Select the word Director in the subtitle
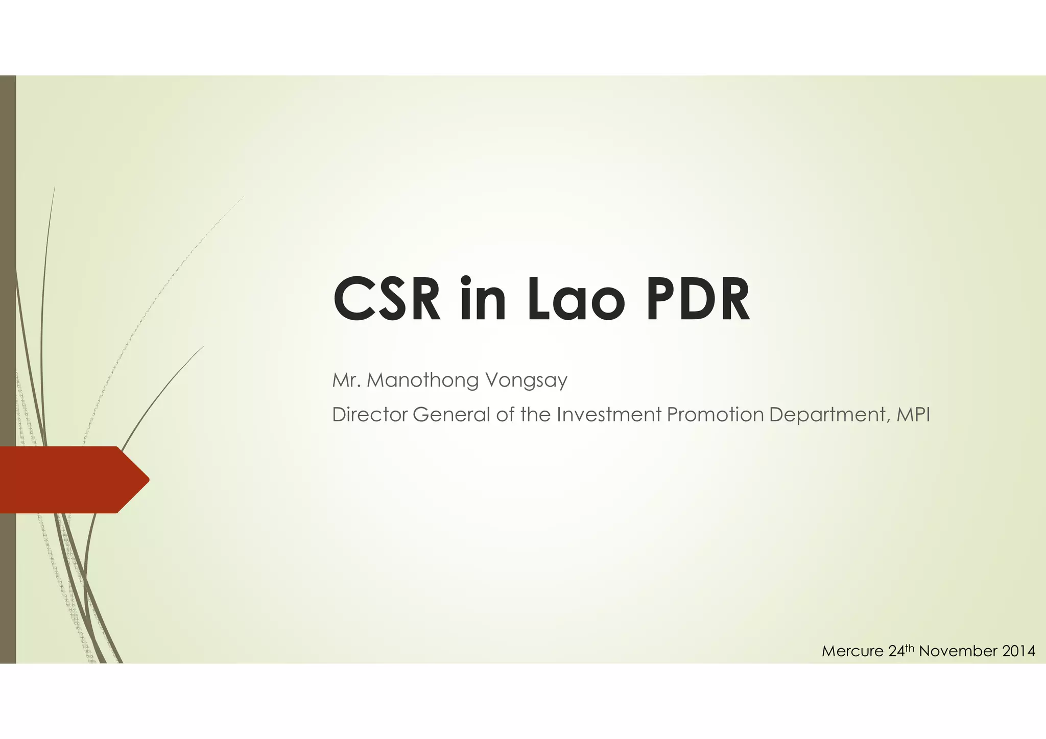369,415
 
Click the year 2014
1019,652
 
